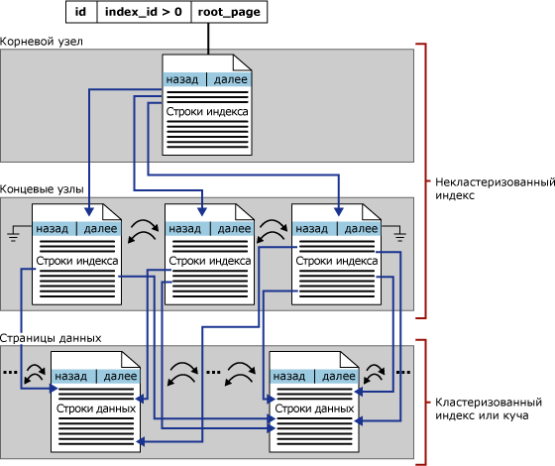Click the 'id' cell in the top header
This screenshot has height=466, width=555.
[x=81, y=12]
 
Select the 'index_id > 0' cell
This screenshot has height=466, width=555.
[x=144, y=12]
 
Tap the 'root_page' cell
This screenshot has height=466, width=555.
[x=229, y=12]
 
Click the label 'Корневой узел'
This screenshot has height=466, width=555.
[x=41, y=42]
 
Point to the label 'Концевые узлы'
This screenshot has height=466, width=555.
[x=42, y=189]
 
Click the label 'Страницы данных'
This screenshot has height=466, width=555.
[x=51, y=338]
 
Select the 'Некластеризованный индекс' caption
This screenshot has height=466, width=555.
[x=495, y=188]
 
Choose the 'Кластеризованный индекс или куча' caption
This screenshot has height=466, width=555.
[x=489, y=408]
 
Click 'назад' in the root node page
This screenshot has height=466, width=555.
[x=182, y=79]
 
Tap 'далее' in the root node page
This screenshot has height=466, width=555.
[x=230, y=79]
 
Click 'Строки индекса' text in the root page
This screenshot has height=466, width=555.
[x=207, y=111]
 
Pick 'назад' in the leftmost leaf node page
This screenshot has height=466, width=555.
[x=52, y=229]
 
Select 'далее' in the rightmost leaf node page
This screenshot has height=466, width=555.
[x=361, y=229]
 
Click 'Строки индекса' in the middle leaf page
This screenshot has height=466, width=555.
[x=210, y=261]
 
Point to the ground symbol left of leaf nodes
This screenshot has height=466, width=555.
[x=13, y=235]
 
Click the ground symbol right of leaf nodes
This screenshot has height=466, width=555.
[x=400, y=235]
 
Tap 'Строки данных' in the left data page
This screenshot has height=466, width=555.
[x=96, y=408]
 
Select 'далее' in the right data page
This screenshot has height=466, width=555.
[x=339, y=376]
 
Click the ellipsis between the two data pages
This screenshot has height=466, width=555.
[x=213, y=372]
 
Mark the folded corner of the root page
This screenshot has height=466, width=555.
[x=243, y=62]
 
